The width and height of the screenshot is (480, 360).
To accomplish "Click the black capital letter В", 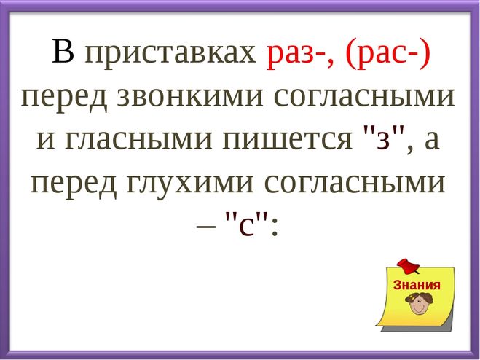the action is coord(63,51).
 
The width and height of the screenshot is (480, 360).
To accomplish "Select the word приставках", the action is coord(170,55).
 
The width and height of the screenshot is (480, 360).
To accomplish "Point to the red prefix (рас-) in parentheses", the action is coord(387,54).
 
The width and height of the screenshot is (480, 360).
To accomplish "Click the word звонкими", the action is coord(190,98).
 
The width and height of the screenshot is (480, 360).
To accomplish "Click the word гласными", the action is coord(138,140).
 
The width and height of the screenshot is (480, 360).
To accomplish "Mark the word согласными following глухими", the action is coord(354,184).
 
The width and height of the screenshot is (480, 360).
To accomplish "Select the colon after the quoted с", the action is coord(275,228).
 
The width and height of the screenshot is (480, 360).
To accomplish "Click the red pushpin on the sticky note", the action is coord(408,266).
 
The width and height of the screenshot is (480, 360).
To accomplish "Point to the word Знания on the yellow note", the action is coord(417,285).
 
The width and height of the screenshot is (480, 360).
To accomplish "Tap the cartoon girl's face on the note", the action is coord(418,304).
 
